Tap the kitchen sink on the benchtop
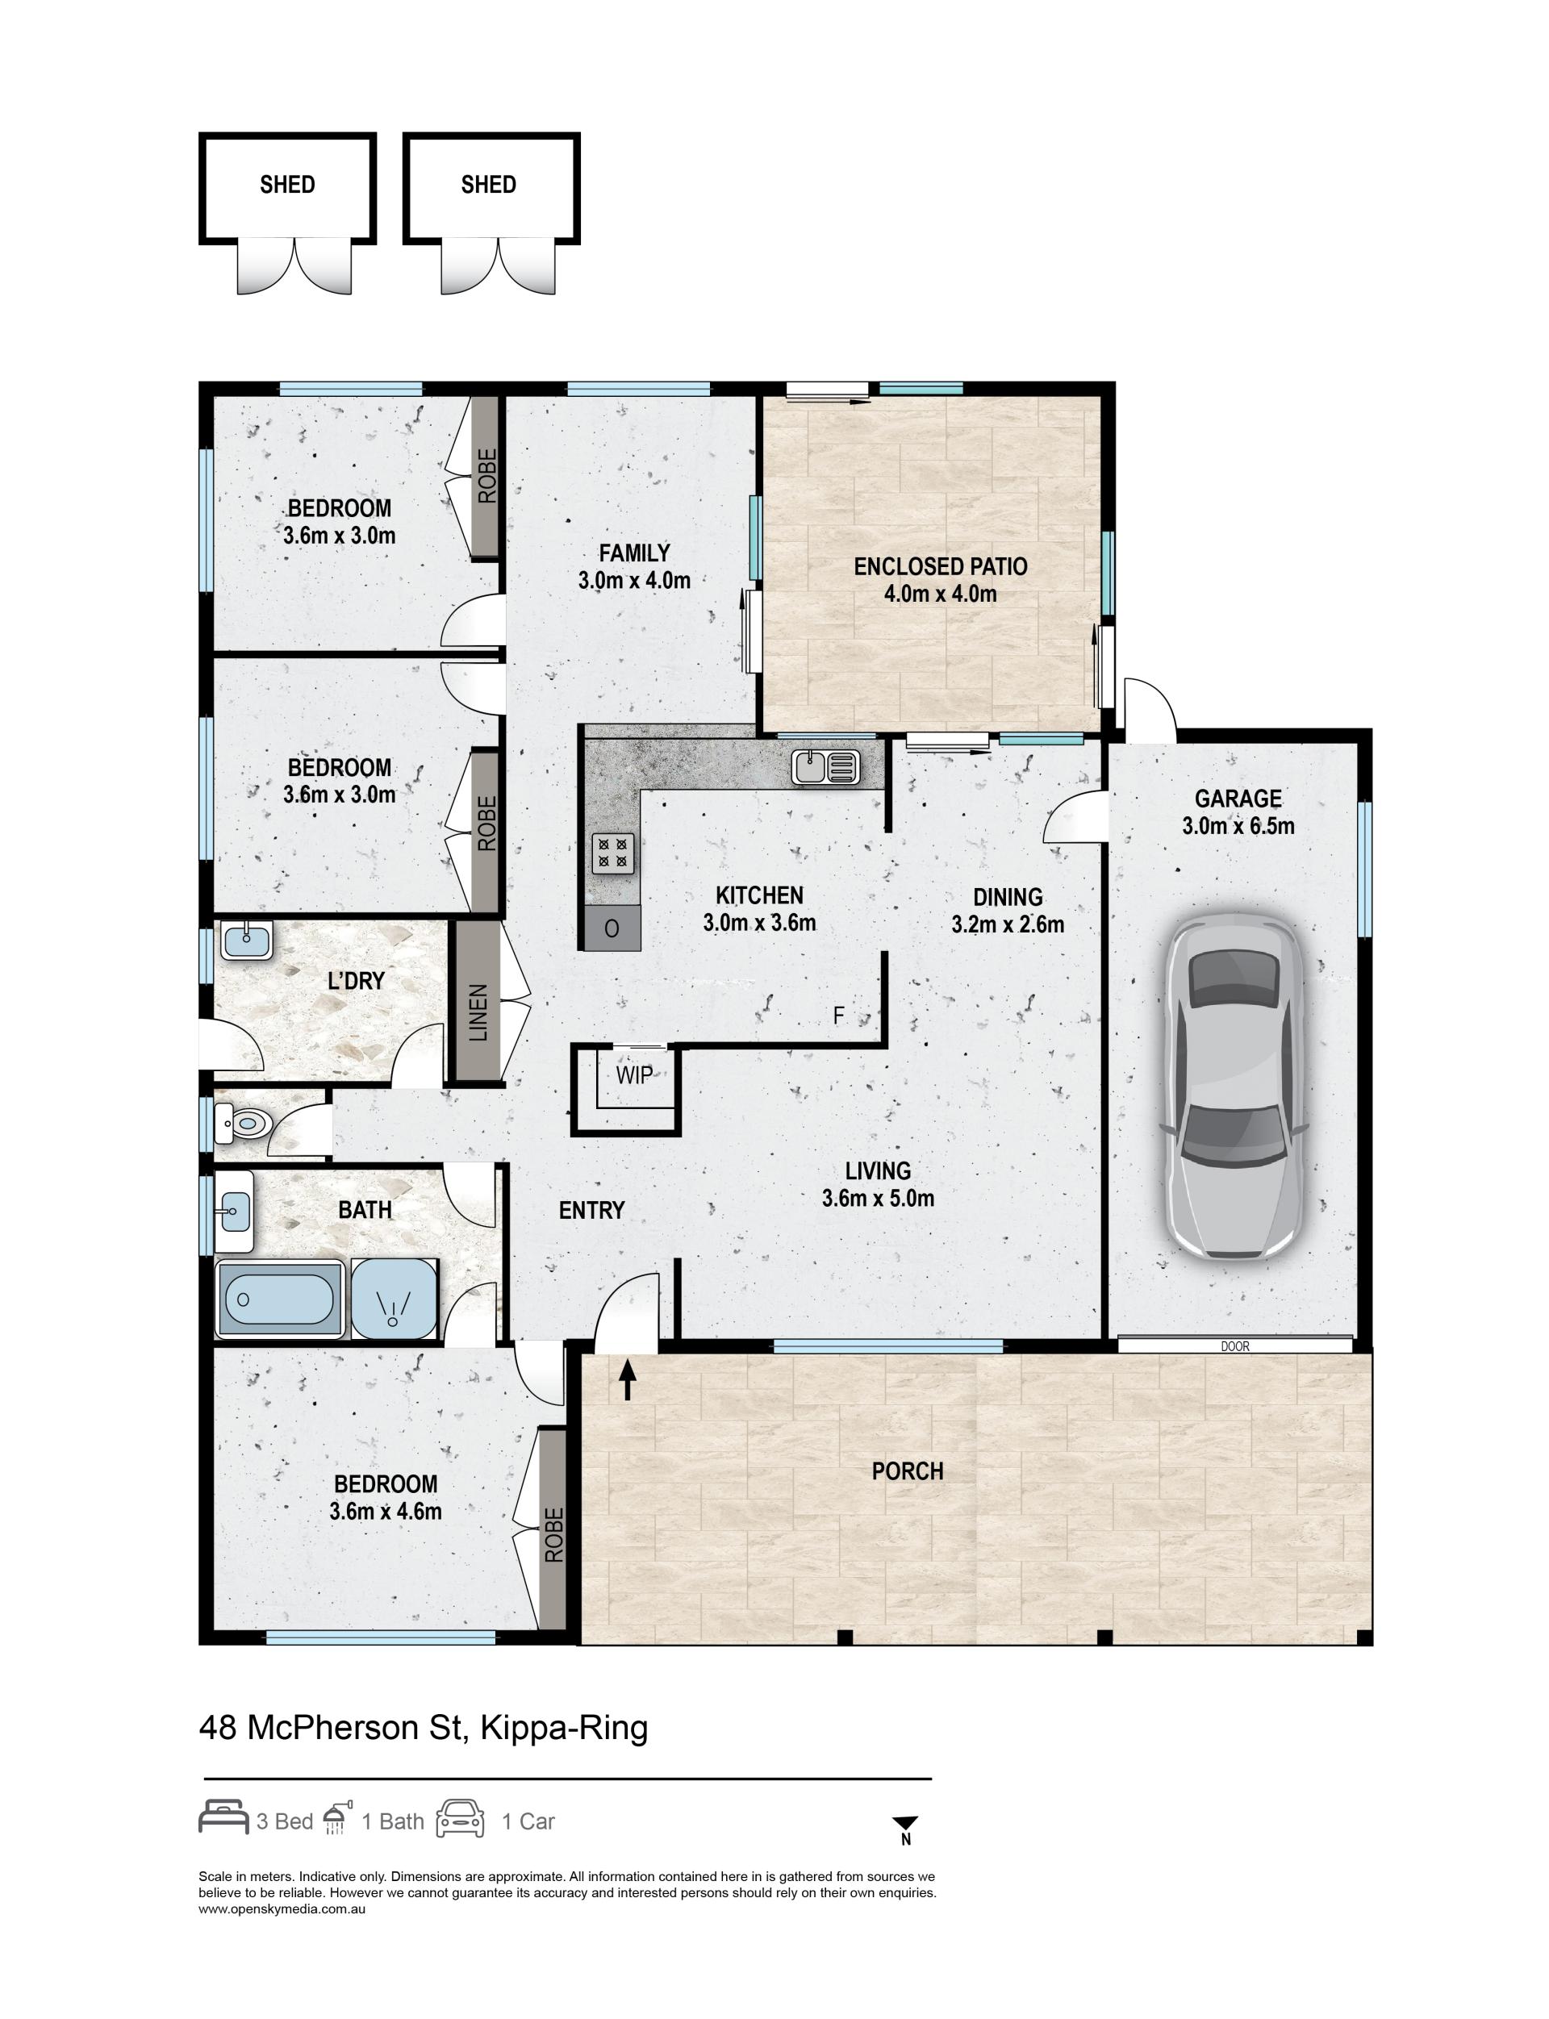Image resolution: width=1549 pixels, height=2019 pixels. (x=825, y=766)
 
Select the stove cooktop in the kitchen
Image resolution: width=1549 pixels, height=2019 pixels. (x=612, y=853)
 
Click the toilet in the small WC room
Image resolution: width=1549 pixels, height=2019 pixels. (x=244, y=1123)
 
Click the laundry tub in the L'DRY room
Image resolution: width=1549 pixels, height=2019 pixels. (x=246, y=942)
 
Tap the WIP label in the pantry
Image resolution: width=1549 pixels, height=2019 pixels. (x=634, y=1075)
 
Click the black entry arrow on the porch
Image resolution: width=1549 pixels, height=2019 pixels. (x=628, y=1379)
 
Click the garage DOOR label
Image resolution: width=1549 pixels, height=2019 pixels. (x=1234, y=1347)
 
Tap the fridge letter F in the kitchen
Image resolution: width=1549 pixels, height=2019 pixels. (x=838, y=1016)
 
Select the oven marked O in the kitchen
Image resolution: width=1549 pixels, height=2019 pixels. (x=612, y=928)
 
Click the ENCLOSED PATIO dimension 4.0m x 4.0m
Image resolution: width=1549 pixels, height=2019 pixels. (x=941, y=594)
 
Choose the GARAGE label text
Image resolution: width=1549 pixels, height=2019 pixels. (x=1238, y=799)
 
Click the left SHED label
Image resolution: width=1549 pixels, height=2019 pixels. (x=288, y=186)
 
